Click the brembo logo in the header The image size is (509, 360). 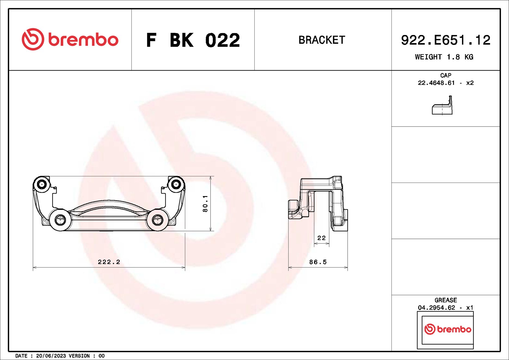(x=70, y=39)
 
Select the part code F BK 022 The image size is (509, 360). (x=193, y=40)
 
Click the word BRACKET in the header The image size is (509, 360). (x=322, y=40)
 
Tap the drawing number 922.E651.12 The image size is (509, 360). (x=445, y=40)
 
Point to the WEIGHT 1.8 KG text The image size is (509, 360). (x=444, y=57)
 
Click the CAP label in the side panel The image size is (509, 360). (x=446, y=75)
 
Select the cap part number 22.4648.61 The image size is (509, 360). (x=436, y=83)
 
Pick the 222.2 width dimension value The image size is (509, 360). (x=109, y=262)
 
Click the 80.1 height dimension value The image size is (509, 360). (x=205, y=204)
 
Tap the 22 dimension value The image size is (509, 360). (x=321, y=238)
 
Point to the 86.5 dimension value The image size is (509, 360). (x=318, y=262)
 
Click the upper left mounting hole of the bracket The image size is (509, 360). (x=42, y=184)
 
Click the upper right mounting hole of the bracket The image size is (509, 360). (x=176, y=184)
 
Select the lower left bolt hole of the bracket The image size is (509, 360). (x=60, y=220)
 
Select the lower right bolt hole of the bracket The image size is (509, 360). (x=157, y=220)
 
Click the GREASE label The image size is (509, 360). (x=446, y=300)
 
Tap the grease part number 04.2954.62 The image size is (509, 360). (x=436, y=308)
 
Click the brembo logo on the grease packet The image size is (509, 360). (x=448, y=329)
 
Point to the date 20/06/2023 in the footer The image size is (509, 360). (x=51, y=356)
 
